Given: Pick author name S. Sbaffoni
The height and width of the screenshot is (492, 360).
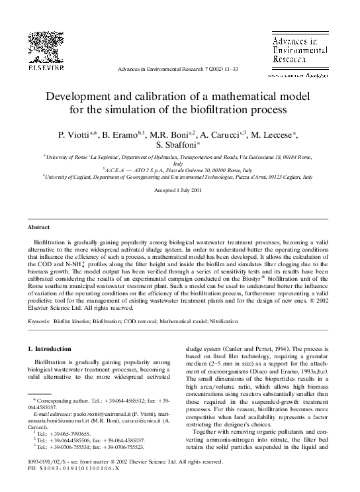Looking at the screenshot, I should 174,145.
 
